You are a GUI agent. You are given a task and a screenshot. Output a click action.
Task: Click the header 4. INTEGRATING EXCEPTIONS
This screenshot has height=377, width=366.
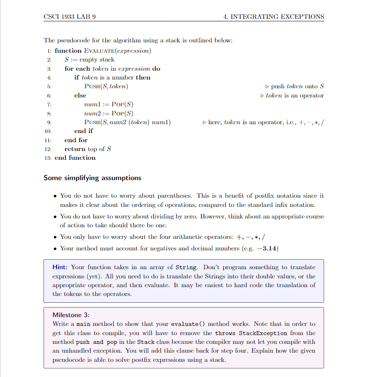click(274, 17)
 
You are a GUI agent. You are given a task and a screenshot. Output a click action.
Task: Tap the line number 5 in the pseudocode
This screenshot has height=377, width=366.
click(49, 87)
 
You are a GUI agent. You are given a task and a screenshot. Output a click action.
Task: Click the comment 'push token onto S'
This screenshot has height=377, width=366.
click(297, 86)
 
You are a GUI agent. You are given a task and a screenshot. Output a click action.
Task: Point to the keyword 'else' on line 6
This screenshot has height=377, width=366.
click(80, 95)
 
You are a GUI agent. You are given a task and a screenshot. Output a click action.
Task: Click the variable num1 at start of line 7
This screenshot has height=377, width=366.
click(91, 105)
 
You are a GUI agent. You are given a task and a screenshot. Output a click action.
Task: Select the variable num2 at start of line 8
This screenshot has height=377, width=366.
click(91, 113)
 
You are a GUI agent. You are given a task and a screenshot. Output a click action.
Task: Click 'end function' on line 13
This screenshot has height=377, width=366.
click(75, 158)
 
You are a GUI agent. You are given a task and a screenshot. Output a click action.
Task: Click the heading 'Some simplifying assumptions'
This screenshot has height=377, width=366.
click(92, 178)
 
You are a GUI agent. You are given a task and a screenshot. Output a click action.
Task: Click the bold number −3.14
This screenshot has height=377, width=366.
click(267, 248)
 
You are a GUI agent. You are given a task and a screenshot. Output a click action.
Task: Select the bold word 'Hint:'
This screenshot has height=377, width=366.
click(61, 267)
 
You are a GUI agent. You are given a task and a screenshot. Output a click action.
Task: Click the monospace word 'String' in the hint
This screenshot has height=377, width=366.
click(186, 267)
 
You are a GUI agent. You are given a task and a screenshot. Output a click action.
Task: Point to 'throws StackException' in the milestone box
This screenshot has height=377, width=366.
click(251, 333)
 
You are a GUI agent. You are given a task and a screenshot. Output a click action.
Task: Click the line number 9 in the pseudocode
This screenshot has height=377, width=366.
click(49, 123)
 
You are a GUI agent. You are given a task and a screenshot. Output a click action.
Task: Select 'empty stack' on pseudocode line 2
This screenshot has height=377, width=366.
click(97, 60)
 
